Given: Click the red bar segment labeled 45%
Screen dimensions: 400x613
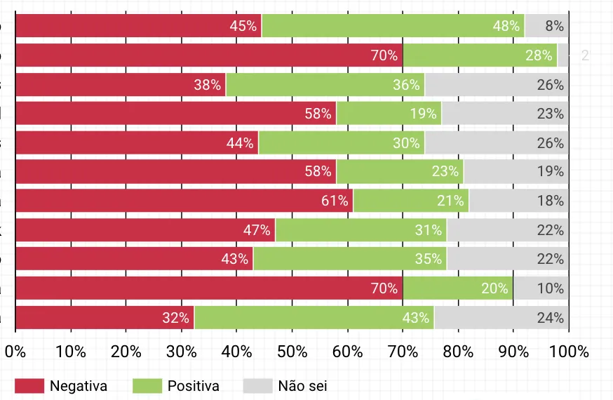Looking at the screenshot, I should (138, 26).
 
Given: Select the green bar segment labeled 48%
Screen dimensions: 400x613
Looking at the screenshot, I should (393, 26).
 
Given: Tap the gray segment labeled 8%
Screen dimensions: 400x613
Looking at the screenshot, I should (546, 26).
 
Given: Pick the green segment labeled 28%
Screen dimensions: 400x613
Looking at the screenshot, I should (480, 55).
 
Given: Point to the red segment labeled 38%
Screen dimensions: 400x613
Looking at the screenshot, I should (121, 85).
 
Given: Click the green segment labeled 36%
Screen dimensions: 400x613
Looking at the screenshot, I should (325, 85).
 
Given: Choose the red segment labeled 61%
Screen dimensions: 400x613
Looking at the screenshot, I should (184, 201).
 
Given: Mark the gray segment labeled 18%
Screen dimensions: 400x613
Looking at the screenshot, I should (518, 201).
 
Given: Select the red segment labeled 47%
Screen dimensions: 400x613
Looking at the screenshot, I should (145, 230).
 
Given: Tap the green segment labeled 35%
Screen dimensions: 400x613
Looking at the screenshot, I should (350, 260).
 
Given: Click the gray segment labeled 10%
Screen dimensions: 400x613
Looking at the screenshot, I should (541, 288).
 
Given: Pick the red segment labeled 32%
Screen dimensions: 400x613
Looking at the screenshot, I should (105, 318).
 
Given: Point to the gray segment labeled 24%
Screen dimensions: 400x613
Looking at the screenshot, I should (501, 318).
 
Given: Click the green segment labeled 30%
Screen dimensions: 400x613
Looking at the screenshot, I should (342, 143).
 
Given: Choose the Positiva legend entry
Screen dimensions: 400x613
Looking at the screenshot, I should (177, 386).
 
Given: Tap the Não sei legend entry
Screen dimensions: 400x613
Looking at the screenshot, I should (286, 386).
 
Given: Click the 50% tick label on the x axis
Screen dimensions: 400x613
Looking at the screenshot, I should (292, 352).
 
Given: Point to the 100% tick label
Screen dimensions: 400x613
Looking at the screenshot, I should (569, 352).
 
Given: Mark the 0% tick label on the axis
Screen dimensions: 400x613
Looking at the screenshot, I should (15, 352).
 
